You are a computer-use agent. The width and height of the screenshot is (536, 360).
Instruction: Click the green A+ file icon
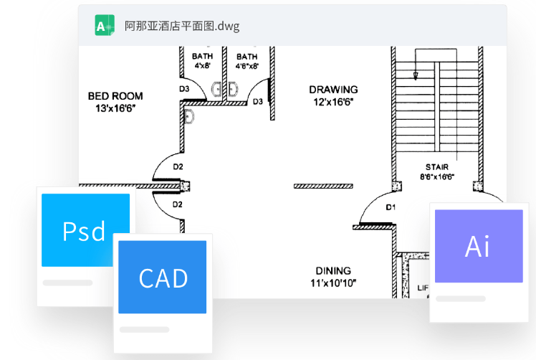[105, 25]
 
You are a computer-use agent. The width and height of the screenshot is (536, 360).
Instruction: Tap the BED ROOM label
[115, 96]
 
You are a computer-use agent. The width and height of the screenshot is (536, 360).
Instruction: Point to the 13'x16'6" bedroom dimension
[115, 108]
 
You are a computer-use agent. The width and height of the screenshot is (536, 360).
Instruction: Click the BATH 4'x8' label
[203, 60]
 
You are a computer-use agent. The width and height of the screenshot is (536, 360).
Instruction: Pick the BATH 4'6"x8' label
[247, 60]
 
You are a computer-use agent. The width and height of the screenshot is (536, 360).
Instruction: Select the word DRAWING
[333, 90]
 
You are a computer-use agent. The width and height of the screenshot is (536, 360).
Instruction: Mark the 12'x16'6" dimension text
[333, 102]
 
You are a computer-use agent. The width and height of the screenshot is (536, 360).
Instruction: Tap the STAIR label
[437, 167]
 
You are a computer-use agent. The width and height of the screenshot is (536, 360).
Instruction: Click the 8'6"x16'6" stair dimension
[437, 176]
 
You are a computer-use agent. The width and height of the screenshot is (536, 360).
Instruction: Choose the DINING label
[333, 271]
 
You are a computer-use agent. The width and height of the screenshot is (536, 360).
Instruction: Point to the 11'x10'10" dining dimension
[333, 283]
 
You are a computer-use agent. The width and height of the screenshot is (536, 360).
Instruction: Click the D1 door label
[391, 207]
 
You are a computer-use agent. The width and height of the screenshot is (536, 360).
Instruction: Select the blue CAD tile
[163, 277]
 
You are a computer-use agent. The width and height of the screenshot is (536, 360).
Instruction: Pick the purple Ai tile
[477, 246]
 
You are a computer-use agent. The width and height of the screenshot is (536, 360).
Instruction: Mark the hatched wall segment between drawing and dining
[324, 186]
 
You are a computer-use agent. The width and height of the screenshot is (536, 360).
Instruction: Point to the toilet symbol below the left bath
[189, 117]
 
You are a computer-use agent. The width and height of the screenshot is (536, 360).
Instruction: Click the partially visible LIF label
[423, 288]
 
